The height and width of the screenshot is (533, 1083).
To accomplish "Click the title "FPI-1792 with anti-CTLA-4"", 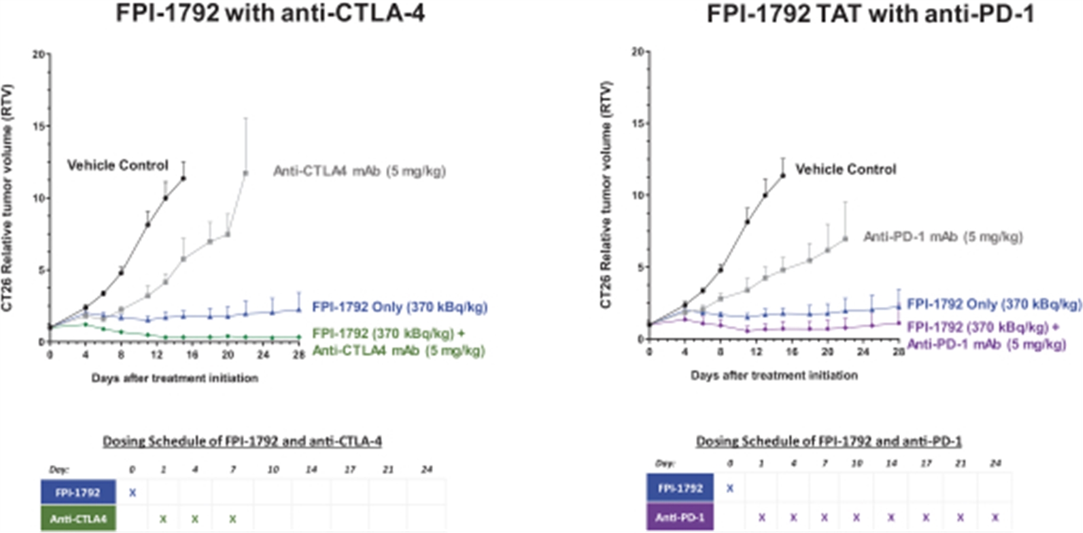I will (x=270, y=13).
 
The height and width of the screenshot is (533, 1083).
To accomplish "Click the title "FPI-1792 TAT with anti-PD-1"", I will (x=870, y=13).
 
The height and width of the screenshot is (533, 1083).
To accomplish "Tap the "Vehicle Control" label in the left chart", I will (x=117, y=165).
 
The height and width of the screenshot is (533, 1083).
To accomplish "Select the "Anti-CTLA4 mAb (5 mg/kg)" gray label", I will (x=359, y=171).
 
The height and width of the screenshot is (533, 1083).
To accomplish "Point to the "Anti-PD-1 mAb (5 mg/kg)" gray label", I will (x=943, y=237).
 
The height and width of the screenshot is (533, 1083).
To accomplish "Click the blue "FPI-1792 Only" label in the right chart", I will (x=994, y=304).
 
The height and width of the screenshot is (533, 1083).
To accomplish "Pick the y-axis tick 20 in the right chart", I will (x=637, y=52).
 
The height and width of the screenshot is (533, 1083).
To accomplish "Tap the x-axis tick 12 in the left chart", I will (x=156, y=355).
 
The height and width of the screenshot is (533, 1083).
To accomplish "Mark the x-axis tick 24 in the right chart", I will (x=863, y=352).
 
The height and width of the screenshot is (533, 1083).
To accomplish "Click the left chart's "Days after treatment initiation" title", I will (x=174, y=378).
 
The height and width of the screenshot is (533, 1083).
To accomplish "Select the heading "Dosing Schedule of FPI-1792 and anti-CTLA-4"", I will (x=242, y=441).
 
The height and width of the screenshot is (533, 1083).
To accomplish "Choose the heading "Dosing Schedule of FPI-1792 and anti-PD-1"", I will (x=828, y=441).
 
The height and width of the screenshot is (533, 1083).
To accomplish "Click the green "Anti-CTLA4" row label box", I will (x=78, y=519).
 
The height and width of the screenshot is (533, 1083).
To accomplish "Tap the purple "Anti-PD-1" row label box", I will (x=680, y=518).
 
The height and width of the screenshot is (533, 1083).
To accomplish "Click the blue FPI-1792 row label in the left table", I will (x=78, y=493).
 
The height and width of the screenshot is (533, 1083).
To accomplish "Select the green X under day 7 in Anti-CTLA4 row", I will (x=233, y=519).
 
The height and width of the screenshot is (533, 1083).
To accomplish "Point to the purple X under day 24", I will (x=995, y=518).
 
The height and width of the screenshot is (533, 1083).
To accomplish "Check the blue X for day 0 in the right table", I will (x=730, y=489).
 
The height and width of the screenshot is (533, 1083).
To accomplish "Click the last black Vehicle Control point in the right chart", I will (x=783, y=175).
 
